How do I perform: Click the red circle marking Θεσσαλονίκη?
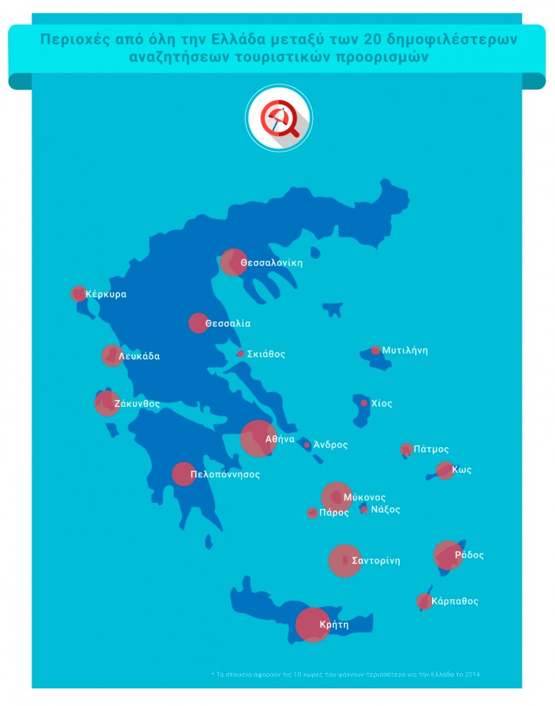(x=233, y=263)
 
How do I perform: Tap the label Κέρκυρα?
(x=106, y=294)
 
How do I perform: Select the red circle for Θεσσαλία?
(x=199, y=323)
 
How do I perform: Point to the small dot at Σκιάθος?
(x=240, y=354)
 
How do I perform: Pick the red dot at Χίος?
(x=364, y=403)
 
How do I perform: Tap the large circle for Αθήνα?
(x=258, y=438)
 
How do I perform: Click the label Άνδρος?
(x=330, y=445)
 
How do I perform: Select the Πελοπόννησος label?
(x=225, y=475)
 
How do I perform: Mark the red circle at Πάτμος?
(x=406, y=449)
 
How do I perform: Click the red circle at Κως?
(x=445, y=470)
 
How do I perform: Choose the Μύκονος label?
(x=364, y=498)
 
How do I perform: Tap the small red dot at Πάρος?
(x=312, y=513)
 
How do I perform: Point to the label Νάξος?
(x=386, y=509)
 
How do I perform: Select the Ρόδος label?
(x=470, y=555)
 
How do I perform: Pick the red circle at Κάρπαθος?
(x=424, y=602)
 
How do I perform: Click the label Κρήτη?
(x=334, y=625)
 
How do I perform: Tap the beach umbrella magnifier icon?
(x=278, y=118)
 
